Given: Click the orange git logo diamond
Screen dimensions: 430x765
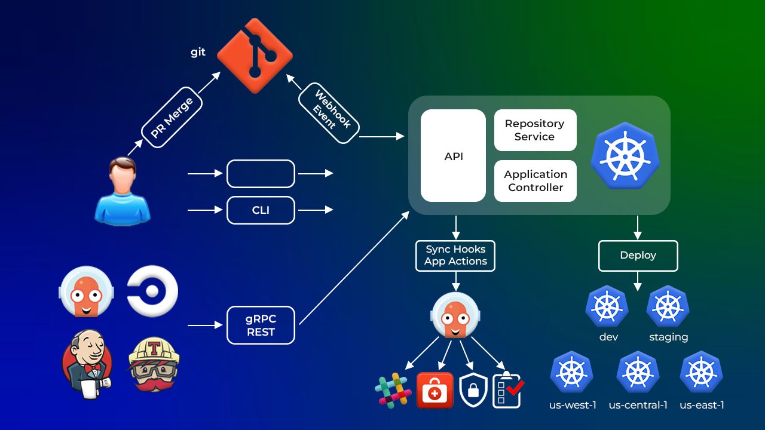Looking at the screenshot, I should [255, 56].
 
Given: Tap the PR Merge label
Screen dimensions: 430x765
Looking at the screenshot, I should [172, 118].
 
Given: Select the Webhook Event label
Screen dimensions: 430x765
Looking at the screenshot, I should [328, 113].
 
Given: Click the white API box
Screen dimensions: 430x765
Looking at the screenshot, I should [453, 156].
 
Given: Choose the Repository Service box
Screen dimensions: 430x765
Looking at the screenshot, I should [535, 130].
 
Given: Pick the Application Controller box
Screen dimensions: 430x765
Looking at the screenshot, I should [535, 181].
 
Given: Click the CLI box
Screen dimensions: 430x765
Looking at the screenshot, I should [261, 210].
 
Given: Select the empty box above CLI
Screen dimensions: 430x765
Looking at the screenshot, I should [261, 174].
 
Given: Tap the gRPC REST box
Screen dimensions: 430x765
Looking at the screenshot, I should [261, 325].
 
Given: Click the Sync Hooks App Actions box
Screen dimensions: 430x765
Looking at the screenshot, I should [455, 256].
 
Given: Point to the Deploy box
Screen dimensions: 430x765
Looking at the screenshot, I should [638, 256].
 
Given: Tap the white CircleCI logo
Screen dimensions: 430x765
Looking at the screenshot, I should [153, 291].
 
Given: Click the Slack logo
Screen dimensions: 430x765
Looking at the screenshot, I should [393, 390].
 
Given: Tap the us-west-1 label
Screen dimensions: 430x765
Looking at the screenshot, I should [573, 406].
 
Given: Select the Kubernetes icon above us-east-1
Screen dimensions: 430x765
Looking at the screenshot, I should [701, 372].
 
